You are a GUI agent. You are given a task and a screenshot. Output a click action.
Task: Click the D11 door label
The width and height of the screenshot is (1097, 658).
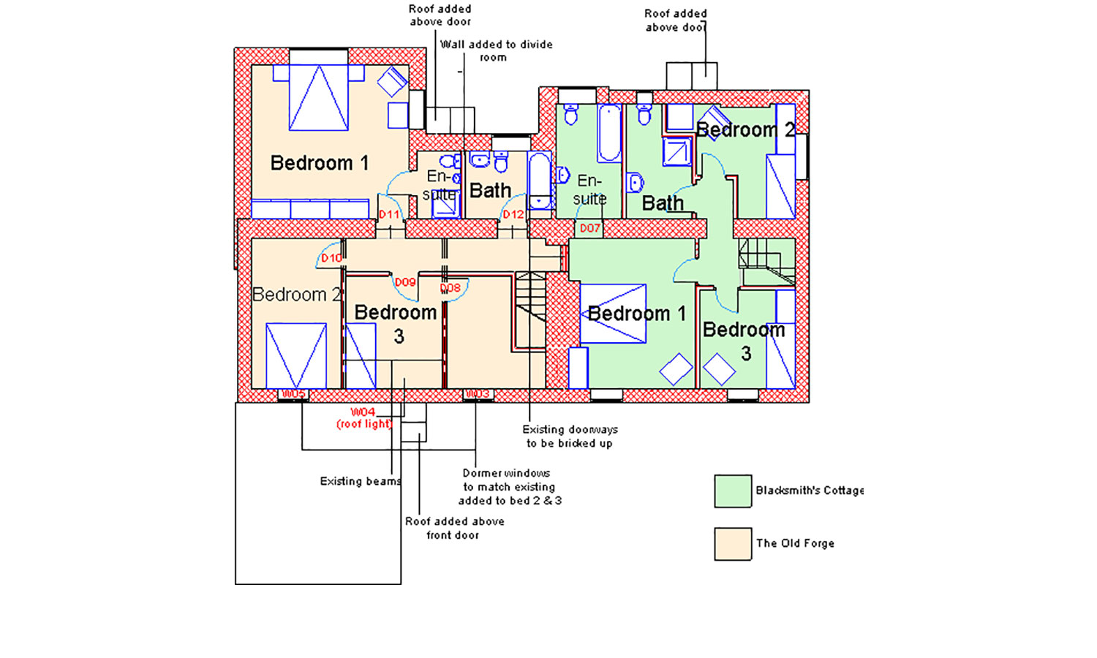coord(389,214)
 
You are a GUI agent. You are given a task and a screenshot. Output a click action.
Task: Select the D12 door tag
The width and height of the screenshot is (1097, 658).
coord(513,214)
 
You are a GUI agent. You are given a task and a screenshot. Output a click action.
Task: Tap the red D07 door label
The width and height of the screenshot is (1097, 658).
coord(589,228)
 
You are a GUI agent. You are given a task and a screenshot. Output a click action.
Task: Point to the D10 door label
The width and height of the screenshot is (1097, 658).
coord(331,258)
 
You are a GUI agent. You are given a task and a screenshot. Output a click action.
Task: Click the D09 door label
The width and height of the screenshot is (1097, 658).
coord(405,282)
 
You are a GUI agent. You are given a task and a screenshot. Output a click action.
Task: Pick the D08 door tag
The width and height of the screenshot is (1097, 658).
coord(451,288)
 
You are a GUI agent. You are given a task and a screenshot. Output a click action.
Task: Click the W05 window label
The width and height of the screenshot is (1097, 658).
coord(293,394)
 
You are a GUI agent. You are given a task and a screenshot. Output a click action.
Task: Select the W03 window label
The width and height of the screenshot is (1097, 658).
coord(478,394)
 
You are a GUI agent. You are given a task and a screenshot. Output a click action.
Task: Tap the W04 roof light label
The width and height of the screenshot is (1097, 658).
coord(363,417)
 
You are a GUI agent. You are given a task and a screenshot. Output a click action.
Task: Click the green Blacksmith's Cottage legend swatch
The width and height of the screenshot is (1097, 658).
coord(733,491)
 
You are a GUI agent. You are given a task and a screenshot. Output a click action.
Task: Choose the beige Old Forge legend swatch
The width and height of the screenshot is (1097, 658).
coord(733,544)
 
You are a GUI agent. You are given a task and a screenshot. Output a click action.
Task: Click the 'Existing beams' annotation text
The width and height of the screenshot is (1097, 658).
coord(361,481)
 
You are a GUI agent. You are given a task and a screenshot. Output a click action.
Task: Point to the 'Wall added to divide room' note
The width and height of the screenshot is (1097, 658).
coord(496,50)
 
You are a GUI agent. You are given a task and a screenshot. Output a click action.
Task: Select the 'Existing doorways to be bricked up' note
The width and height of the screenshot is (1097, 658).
coord(570,436)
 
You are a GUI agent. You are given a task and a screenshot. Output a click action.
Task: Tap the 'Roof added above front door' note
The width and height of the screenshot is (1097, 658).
coord(454,528)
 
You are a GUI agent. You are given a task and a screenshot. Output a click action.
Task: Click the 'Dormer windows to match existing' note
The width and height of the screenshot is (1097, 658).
coord(509,486)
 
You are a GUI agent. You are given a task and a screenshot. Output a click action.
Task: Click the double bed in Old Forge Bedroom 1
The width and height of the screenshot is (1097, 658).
coord(318,97)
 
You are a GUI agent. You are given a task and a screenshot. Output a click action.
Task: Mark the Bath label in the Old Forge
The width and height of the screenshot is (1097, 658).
coord(490,191)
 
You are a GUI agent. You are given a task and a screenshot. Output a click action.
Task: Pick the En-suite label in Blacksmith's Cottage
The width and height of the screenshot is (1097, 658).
coord(589,189)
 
